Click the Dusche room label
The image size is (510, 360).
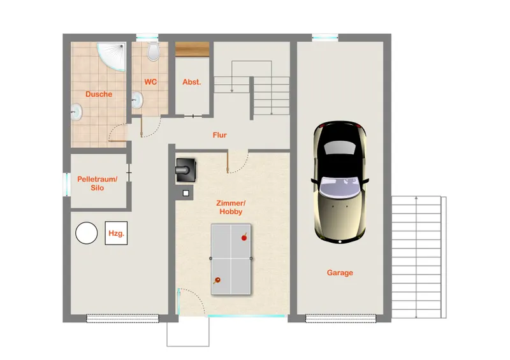click(x=99, y=94)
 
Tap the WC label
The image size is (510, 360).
click(x=150, y=82)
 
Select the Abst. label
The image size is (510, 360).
click(x=192, y=82)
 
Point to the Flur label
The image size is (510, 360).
click(x=219, y=135)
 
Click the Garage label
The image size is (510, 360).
click(x=340, y=273)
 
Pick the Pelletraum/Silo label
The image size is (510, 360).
click(x=98, y=184)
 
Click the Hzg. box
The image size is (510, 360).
click(x=116, y=233)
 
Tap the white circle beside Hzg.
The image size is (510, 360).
click(x=87, y=233)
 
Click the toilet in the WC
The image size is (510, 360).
click(x=153, y=52)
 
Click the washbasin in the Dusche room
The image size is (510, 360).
click(x=76, y=112)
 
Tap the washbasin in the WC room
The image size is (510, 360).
click(x=137, y=100)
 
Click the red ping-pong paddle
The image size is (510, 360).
click(x=244, y=238)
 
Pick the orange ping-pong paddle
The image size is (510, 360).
click(x=217, y=280)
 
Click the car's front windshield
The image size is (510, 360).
click(x=340, y=187)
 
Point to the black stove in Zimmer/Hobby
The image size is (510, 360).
click(x=186, y=170)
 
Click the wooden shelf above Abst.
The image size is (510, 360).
click(x=193, y=49)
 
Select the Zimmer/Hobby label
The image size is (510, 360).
click(x=231, y=208)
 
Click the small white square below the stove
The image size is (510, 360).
click(x=186, y=193)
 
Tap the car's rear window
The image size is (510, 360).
click(x=340, y=148)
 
